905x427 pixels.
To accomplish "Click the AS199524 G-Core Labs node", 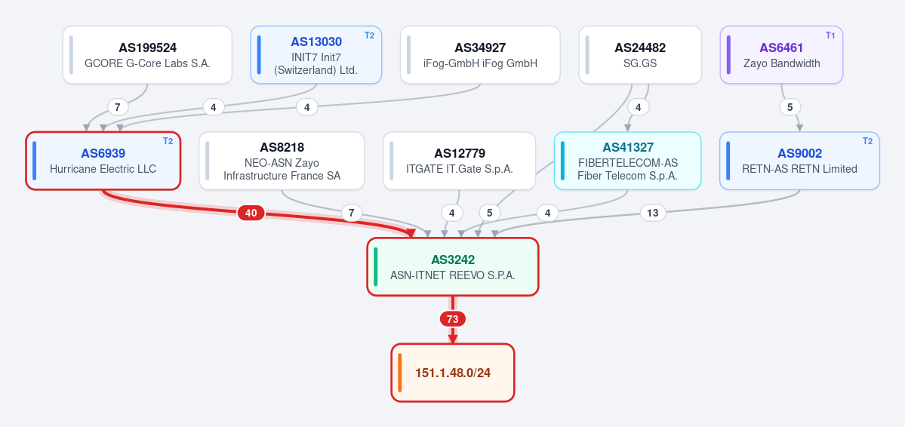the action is [147, 55].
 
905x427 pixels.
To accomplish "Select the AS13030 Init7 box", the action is [316, 55].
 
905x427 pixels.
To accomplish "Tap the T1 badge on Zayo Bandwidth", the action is [830, 35].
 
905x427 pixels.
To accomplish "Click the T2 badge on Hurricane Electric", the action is [168, 141].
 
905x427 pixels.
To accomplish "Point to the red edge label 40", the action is [251, 213].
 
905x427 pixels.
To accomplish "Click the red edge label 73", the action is [453, 319].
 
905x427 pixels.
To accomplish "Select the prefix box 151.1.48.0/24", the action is [453, 373].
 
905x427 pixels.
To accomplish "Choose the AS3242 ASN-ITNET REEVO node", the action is [453, 266].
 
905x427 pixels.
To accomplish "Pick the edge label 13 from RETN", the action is [652, 213].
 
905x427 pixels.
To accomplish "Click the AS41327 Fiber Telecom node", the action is [627, 161].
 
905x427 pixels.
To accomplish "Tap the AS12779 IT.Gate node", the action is [460, 161].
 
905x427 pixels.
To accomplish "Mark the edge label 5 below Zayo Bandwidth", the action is [790, 107].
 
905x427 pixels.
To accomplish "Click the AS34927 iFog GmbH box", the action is [480, 55].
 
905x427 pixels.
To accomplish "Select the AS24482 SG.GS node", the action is [640, 55].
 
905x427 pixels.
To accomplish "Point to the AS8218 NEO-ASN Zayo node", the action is [282, 161].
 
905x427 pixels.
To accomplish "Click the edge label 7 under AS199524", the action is [118, 107].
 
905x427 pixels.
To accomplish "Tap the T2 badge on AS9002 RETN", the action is [867, 141].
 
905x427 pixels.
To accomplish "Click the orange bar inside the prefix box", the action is [399, 373].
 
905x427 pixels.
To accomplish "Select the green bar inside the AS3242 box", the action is [376, 266].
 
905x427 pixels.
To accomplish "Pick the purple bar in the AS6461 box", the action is [729, 55].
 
